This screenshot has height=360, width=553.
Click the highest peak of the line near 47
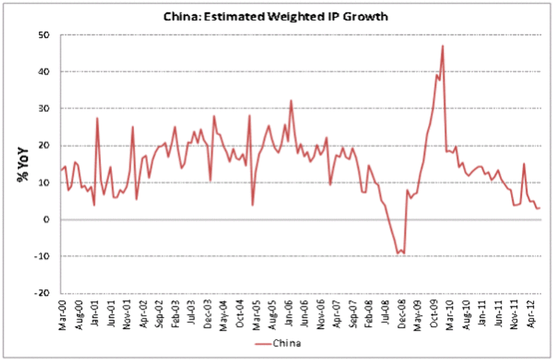[442, 46]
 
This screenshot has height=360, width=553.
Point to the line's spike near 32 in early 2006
[291, 100]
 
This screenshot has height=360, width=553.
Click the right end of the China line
[540, 208]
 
